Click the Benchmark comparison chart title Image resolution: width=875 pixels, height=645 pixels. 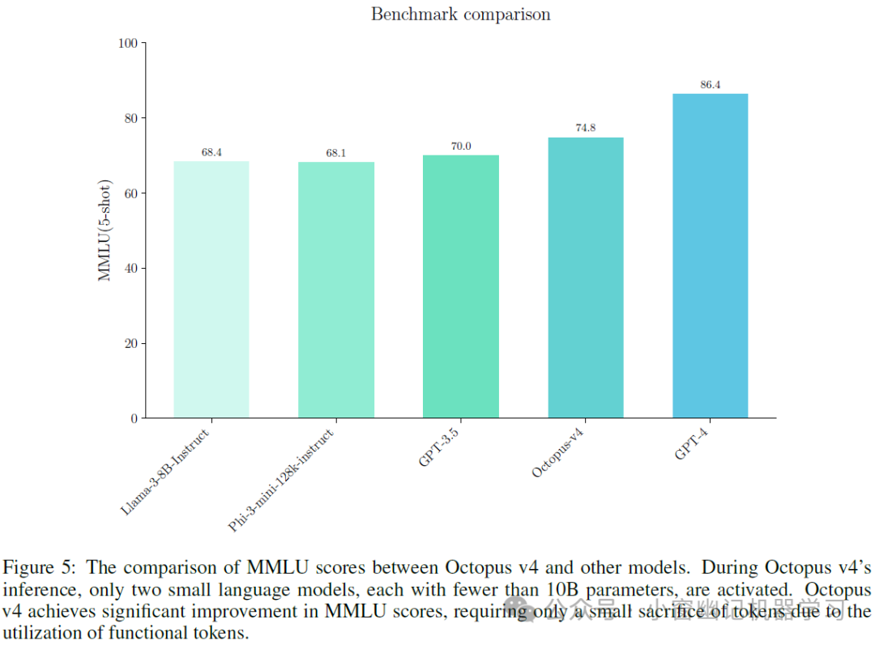[460, 15]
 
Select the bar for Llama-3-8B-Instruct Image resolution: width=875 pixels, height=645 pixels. [211, 290]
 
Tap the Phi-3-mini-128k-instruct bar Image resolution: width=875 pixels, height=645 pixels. [336, 290]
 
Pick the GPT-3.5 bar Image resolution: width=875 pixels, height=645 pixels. [461, 286]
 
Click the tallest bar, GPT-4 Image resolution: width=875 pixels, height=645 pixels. [711, 256]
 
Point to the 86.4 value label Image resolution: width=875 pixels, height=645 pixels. [711, 85]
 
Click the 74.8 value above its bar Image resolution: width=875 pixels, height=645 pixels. [586, 129]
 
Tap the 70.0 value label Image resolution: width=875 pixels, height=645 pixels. [461, 146]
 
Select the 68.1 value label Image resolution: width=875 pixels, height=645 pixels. [336, 154]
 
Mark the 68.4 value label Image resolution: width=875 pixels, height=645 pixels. [211, 152]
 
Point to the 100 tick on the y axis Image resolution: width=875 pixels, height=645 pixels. [128, 43]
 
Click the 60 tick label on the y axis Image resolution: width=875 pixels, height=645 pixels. [130, 193]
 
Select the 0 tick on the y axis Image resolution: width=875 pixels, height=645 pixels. [134, 418]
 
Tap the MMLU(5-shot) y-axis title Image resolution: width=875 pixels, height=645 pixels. [105, 231]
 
